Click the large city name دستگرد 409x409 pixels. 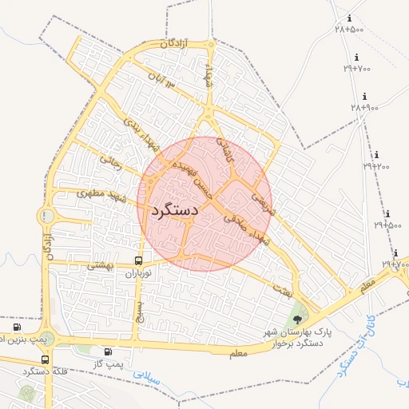(173, 212)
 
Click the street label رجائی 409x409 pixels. (109, 161)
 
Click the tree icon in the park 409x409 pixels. (298, 319)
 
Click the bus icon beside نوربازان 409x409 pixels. (139, 260)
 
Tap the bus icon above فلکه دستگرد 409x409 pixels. (45, 359)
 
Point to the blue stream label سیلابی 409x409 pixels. (146, 377)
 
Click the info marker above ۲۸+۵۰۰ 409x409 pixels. (348, 18)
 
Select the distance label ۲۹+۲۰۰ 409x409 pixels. (376, 166)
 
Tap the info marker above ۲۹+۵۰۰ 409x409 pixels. (387, 214)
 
